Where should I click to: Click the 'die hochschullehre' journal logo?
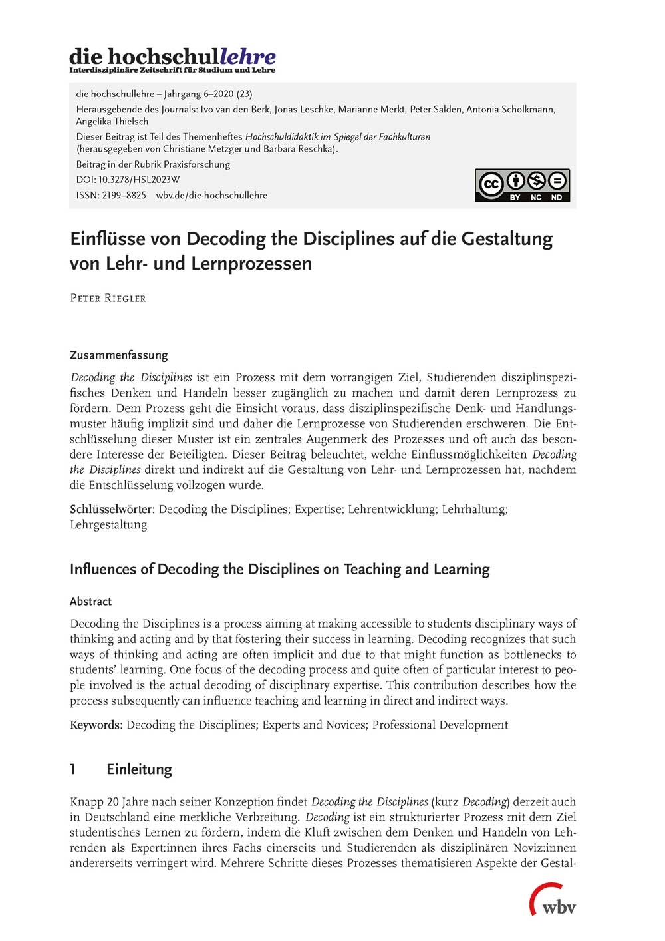172,59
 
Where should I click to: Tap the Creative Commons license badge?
522,185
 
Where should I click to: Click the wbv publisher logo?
553,901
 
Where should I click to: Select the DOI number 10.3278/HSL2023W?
139,180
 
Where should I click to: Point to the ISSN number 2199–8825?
124,195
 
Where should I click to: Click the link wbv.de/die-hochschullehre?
211,195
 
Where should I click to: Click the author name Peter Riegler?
108,298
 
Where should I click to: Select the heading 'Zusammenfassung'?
119,355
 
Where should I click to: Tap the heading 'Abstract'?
90,601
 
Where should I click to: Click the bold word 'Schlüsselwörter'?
112,509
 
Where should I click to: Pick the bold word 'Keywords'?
96,725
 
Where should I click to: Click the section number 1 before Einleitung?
73,769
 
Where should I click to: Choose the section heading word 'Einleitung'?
139,769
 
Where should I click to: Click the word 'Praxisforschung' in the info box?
197,164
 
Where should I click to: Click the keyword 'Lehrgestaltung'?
108,524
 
